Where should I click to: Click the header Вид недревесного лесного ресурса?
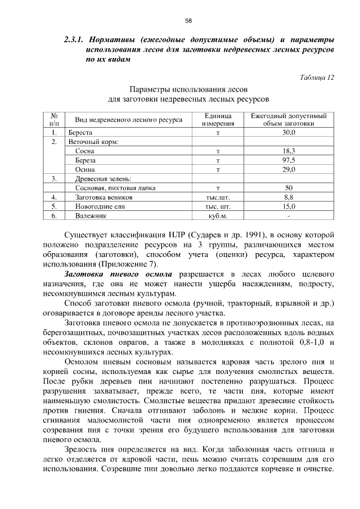click(128, 120)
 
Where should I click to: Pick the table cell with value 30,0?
click(289, 133)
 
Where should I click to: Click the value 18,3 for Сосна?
click(289, 151)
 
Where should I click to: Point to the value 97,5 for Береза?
click(289, 160)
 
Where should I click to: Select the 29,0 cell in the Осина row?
click(289, 169)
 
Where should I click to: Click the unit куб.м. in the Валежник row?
click(218, 215)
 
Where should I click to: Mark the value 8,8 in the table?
click(289, 197)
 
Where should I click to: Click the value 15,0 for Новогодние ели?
click(289, 206)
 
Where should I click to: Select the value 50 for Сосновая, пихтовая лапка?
click(289, 188)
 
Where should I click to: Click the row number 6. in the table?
click(54, 215)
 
